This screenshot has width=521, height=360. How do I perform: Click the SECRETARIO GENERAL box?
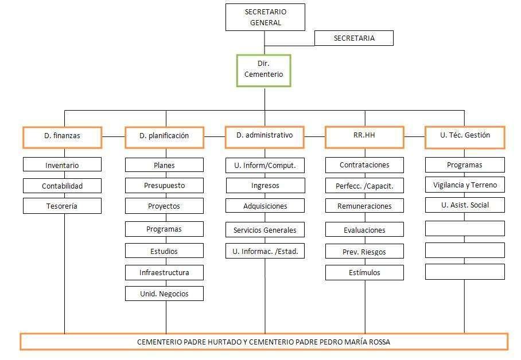pos(265,17)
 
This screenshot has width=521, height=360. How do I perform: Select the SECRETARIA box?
pos(354,38)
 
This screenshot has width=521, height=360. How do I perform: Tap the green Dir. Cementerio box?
pos(263,71)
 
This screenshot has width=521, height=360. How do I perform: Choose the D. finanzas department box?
pos(62,137)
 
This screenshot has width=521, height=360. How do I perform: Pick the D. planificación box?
pos(164,137)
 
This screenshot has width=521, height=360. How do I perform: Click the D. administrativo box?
pos(265,137)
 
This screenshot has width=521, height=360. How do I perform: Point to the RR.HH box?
pos(364,137)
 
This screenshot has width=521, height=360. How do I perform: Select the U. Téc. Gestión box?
pos(465,137)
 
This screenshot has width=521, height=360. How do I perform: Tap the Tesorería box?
pos(62,206)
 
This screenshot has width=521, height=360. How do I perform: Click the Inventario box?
pos(62,165)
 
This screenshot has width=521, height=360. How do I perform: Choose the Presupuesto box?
pos(164,185)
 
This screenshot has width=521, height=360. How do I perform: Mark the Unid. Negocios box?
pos(164,294)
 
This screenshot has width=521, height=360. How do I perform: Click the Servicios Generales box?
pos(265,229)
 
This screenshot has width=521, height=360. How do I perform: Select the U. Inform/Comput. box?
pos(265,166)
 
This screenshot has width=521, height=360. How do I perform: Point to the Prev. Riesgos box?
pos(364,252)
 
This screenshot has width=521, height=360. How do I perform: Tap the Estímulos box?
pos(364,273)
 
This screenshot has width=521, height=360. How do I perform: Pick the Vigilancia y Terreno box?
pos(465,185)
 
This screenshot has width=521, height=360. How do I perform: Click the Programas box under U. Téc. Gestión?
pos(465,165)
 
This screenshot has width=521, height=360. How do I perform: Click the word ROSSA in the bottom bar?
pos(379,342)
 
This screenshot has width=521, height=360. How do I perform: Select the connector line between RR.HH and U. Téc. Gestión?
pos(415,136)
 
